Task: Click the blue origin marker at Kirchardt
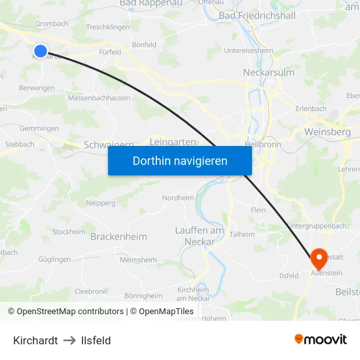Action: click(41, 50)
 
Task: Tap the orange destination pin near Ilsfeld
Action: click(319, 257)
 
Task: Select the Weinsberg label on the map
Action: click(327, 132)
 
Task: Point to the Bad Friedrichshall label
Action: click(257, 15)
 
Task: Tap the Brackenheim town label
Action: click(118, 236)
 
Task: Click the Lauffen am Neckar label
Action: click(200, 236)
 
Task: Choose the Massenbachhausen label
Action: click(99, 98)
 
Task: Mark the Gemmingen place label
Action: click(39, 128)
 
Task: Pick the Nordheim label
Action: click(178, 198)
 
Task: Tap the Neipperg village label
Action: click(101, 203)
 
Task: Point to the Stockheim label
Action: click(69, 232)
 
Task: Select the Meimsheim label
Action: click(139, 260)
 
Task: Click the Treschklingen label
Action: click(108, 27)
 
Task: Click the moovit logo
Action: click(321, 340)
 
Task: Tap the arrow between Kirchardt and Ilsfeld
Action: click(70, 340)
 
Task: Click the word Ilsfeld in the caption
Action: click(96, 340)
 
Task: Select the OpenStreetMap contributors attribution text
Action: click(65, 312)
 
